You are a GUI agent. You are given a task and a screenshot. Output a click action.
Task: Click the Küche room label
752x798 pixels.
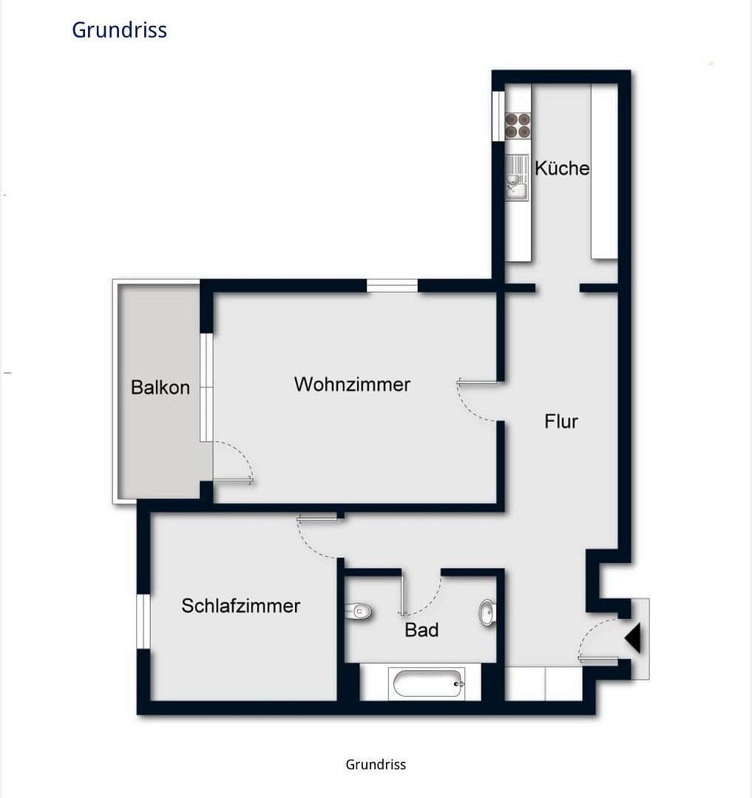562,168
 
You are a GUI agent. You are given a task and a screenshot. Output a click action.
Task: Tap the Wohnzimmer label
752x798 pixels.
352,384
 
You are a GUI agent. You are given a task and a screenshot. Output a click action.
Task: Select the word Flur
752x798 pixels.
561,421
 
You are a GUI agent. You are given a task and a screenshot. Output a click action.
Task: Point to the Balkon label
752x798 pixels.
160,387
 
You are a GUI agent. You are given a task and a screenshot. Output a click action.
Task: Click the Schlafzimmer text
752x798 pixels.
241,606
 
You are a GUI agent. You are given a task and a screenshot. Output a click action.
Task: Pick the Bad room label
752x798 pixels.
421,630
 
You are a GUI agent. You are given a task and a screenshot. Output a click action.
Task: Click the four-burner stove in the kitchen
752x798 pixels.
518,126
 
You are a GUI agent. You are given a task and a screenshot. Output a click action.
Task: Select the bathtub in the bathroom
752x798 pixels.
429,683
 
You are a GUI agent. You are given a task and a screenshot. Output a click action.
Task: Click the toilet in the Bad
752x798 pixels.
359,611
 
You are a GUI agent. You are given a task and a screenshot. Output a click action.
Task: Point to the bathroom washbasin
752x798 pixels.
487,613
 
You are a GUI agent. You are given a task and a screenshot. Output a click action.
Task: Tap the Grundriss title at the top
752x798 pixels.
119,30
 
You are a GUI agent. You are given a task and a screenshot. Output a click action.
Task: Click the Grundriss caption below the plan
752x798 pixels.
376,764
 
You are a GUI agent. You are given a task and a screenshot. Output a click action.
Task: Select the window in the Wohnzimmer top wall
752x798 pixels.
393,286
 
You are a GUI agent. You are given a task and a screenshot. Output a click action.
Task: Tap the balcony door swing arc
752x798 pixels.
237,458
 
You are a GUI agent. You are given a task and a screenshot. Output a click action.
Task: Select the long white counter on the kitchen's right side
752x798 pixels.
604,171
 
